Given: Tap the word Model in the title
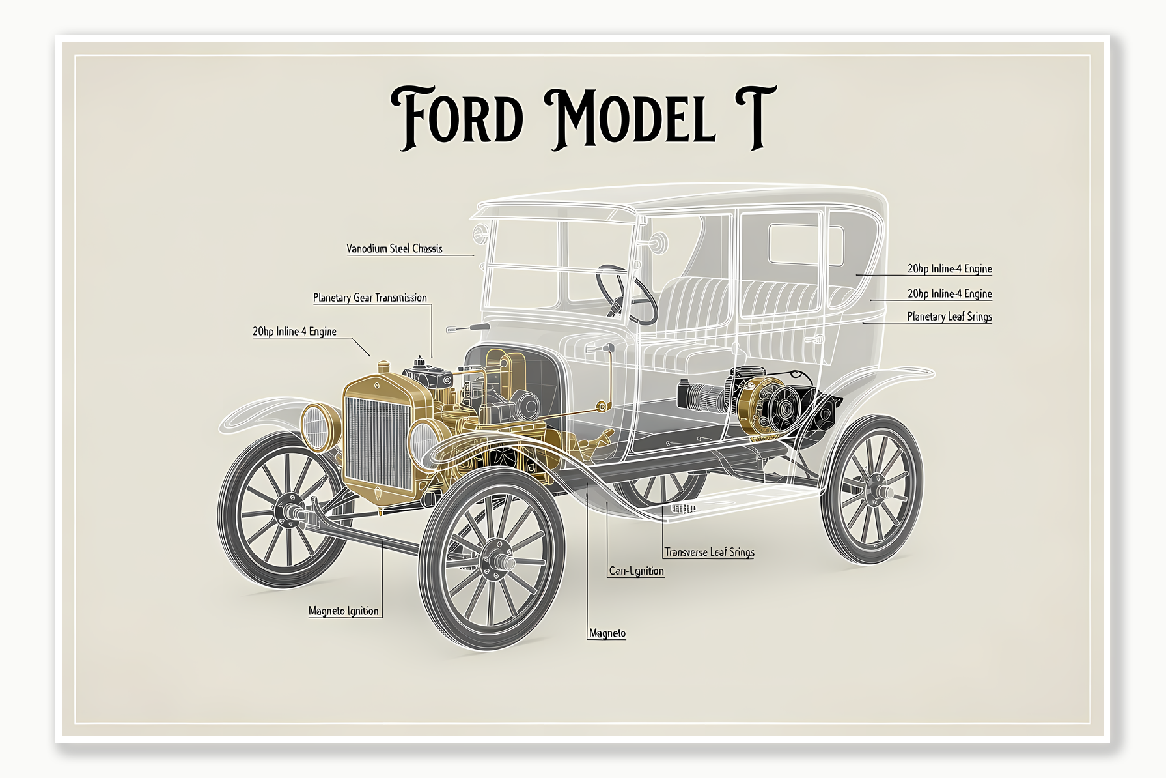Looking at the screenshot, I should click(630, 117).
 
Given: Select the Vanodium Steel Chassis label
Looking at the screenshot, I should click(394, 248).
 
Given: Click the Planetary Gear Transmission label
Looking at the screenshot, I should click(370, 298).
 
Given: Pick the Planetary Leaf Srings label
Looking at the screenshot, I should click(949, 317).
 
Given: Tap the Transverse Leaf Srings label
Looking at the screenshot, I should click(709, 552).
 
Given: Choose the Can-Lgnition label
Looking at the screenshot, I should click(636, 571).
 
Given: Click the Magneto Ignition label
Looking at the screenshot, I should click(343, 611).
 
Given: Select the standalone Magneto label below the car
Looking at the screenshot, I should click(607, 633).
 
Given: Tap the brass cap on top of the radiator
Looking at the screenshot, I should click(384, 367).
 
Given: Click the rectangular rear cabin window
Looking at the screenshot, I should click(805, 245).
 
